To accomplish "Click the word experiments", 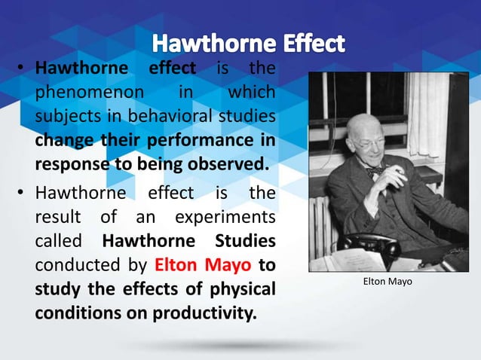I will click(228, 218).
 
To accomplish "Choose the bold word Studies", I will click(244, 242).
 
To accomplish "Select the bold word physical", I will click(240, 288).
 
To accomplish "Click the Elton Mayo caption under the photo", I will click(388, 282).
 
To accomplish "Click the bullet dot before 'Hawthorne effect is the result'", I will click(23, 194).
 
